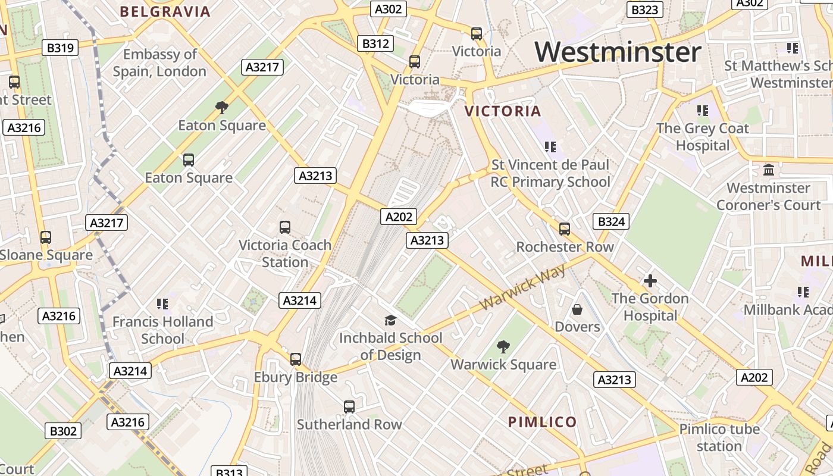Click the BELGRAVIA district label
click(x=165, y=12)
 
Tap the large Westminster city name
click(x=618, y=52)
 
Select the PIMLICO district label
click(x=542, y=422)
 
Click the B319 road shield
click(x=60, y=48)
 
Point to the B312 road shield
click(x=375, y=43)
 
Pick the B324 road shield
click(x=611, y=222)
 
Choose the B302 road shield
click(x=63, y=431)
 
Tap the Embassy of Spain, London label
click(x=160, y=63)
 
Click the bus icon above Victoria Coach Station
click(x=285, y=227)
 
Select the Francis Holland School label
click(x=162, y=330)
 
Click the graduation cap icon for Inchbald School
click(x=390, y=321)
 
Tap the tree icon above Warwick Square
click(x=503, y=346)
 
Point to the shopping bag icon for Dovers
click(x=577, y=309)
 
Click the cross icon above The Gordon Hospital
click(x=650, y=281)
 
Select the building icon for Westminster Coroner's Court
click(x=769, y=170)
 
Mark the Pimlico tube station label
click(x=719, y=437)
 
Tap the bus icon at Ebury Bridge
click(x=296, y=359)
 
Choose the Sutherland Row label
click(x=349, y=425)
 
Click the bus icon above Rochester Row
click(x=565, y=229)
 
